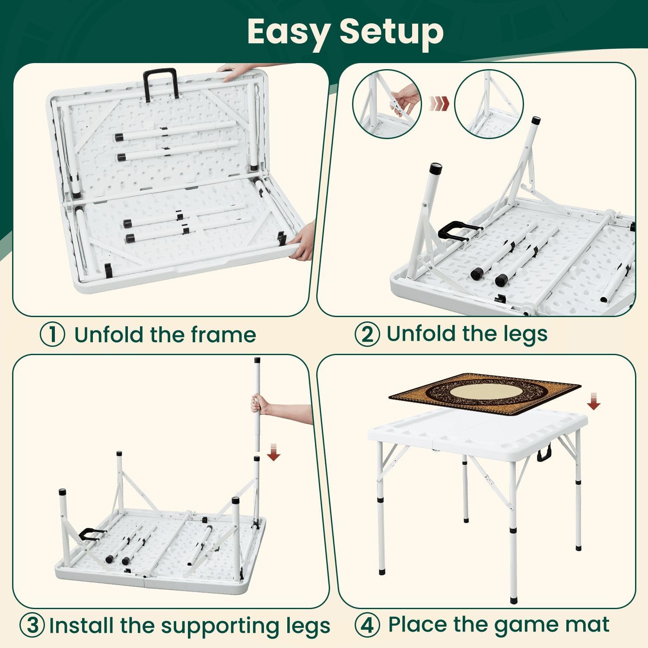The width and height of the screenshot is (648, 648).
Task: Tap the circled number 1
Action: point(53,334)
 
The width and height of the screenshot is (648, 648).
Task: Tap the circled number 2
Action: point(367,334)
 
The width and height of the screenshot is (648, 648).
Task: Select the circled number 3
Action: point(32,625)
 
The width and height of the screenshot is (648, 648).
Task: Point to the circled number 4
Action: point(367,625)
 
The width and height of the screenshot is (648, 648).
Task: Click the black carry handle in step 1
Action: point(161,85)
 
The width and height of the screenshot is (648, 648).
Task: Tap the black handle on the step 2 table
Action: point(459,232)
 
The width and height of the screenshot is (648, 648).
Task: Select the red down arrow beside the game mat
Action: point(594,401)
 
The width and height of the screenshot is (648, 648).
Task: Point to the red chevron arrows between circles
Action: point(439,103)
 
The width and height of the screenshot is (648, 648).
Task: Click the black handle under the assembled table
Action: point(545,454)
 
